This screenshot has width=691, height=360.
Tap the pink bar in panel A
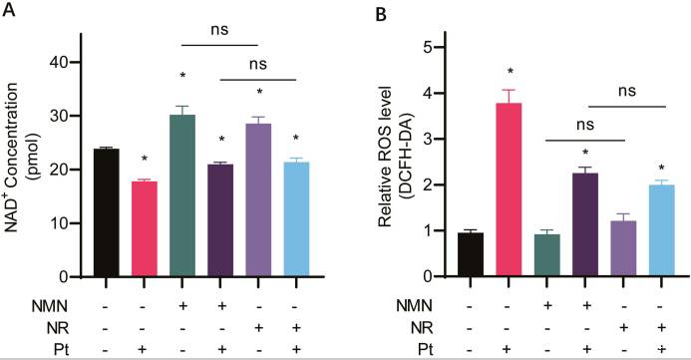146,228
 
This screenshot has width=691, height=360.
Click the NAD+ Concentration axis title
24,164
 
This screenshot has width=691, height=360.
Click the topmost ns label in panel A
219,30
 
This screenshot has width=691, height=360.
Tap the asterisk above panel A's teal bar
184,77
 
